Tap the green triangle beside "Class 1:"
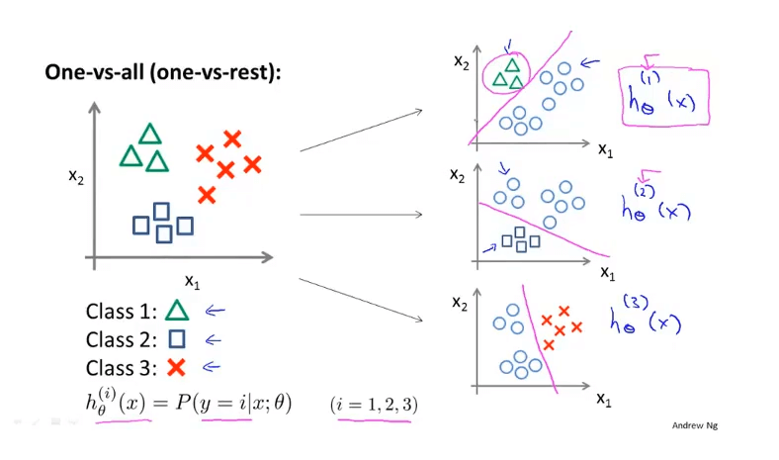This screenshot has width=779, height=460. click(177, 312)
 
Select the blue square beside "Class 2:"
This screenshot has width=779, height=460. click(177, 339)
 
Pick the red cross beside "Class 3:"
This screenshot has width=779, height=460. click(177, 368)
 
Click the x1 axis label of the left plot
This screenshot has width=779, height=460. click(193, 282)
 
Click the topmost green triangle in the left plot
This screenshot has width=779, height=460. click(150, 134)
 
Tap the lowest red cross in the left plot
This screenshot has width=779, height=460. click(207, 195)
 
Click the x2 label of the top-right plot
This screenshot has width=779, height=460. click(461, 61)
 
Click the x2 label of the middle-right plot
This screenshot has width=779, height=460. click(457, 175)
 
